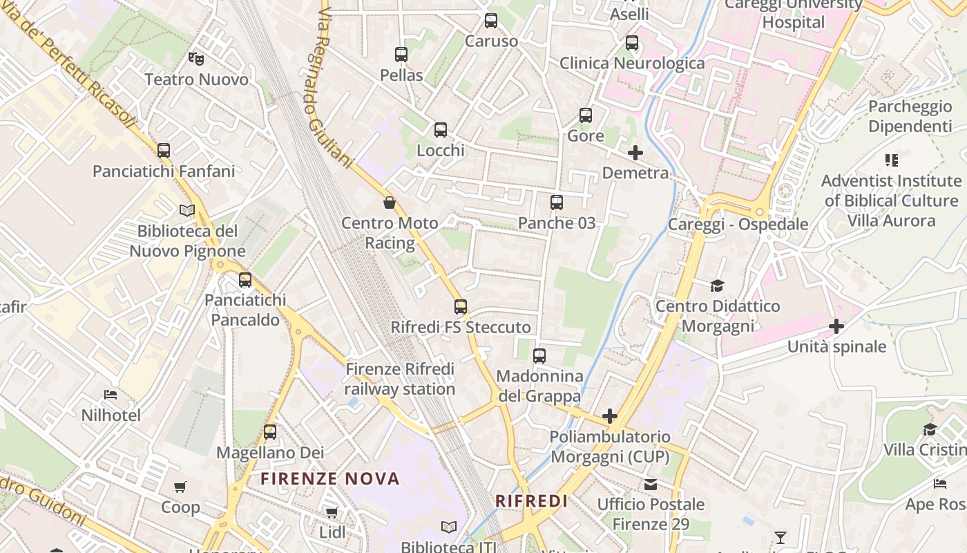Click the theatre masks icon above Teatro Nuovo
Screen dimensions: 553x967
tap(196, 59)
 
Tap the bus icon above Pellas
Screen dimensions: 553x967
tap(401, 54)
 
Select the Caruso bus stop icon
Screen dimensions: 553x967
tap(491, 21)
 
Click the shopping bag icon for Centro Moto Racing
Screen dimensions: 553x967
tap(390, 203)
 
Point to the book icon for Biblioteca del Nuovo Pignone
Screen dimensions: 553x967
tap(187, 210)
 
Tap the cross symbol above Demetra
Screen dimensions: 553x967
tap(635, 153)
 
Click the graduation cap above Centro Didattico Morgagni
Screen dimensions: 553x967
tap(718, 285)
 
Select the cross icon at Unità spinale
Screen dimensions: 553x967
tap(836, 326)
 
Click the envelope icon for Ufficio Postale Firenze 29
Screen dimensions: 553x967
tap(651, 484)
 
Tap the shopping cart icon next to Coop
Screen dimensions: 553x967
tap(180, 487)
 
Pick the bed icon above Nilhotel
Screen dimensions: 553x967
tap(111, 395)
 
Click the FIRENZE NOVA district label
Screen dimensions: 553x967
tap(330, 478)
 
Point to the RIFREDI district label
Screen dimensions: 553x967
tap(532, 501)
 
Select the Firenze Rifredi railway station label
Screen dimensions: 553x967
tap(400, 379)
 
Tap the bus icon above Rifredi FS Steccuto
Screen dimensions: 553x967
tap(461, 306)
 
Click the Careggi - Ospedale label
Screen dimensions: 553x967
tap(738, 224)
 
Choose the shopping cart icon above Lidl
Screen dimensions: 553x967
tap(332, 512)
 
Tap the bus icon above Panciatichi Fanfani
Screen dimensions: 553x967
tap(164, 150)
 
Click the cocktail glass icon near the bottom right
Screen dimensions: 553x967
tap(781, 537)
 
